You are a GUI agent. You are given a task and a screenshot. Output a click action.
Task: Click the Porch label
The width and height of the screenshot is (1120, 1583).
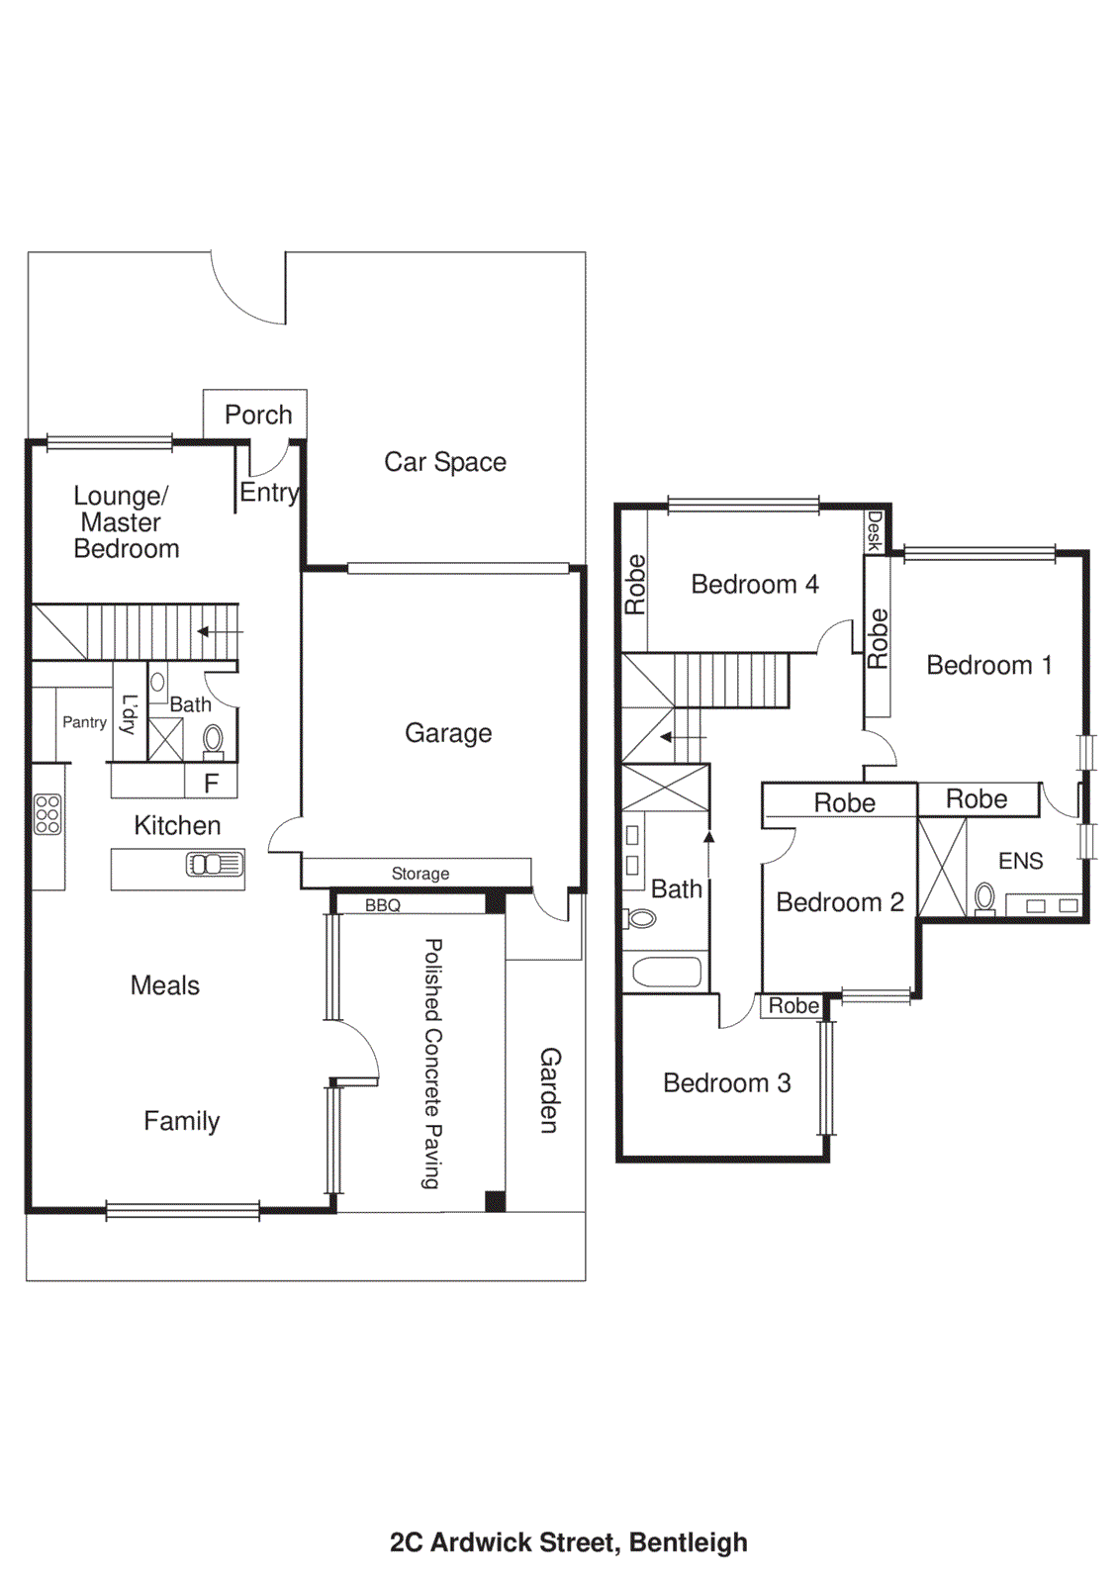(x=258, y=415)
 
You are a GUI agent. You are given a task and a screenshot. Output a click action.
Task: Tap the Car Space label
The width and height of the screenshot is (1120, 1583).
(x=445, y=462)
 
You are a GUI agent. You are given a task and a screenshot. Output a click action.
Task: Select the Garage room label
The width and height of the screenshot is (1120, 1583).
(x=448, y=733)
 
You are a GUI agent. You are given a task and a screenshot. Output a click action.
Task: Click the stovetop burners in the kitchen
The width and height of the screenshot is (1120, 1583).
(x=47, y=814)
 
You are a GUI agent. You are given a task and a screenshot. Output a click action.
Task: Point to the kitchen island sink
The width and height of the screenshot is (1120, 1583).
(x=215, y=865)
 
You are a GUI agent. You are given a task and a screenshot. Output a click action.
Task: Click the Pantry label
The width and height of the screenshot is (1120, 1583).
(x=84, y=722)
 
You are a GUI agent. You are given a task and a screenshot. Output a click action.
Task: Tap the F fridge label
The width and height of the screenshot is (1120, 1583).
(x=211, y=784)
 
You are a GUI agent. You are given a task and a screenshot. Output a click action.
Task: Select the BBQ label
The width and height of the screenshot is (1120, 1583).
(x=383, y=905)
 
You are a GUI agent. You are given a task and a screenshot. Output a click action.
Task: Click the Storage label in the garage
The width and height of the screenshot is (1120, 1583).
(x=420, y=874)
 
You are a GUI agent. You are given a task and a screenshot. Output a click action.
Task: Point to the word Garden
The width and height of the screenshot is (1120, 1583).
(x=549, y=1090)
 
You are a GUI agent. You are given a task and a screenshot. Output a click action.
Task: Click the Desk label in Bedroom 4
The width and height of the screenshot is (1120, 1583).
(x=874, y=531)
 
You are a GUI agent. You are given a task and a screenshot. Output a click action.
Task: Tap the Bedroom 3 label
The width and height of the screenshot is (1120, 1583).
(x=727, y=1083)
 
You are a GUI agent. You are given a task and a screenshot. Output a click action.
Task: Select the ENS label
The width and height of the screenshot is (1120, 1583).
(x=1020, y=861)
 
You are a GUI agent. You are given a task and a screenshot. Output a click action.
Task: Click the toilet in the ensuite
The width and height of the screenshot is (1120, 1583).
(x=984, y=898)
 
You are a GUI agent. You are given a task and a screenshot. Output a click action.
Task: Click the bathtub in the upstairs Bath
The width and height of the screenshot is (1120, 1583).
(x=666, y=972)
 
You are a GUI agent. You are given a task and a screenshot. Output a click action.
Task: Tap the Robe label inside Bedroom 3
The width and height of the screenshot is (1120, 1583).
(x=793, y=1006)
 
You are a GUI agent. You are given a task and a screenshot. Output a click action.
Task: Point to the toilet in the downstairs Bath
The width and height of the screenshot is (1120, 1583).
(x=213, y=740)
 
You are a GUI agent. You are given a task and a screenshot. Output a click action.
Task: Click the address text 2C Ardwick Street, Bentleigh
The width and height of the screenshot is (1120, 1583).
(x=569, y=1542)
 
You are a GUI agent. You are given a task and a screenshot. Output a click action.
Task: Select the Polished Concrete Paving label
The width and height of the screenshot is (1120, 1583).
(x=432, y=1064)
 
